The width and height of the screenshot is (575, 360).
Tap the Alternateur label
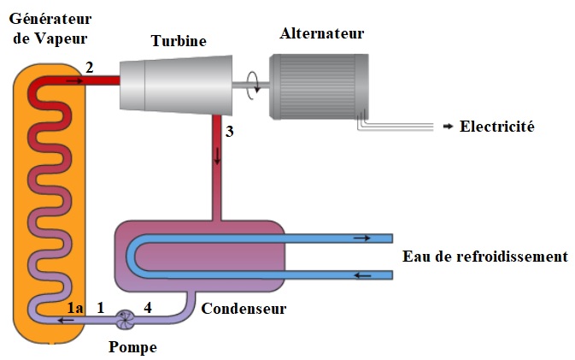[x=321, y=34]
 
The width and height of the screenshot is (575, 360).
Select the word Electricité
[x=496, y=127]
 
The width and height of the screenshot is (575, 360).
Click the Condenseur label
[x=243, y=308]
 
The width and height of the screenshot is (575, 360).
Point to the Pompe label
[x=133, y=347]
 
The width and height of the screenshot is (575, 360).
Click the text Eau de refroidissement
[x=484, y=257]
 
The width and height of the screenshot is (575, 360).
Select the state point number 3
[x=228, y=133]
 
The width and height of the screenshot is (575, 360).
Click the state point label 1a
[x=74, y=305]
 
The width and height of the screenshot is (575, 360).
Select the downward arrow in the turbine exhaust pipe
[x=217, y=155]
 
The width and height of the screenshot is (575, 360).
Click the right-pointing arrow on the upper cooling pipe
[x=362, y=239]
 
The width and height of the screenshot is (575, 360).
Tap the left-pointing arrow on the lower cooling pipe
[x=362, y=274]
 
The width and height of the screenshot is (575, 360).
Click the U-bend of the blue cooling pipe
[x=133, y=257]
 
